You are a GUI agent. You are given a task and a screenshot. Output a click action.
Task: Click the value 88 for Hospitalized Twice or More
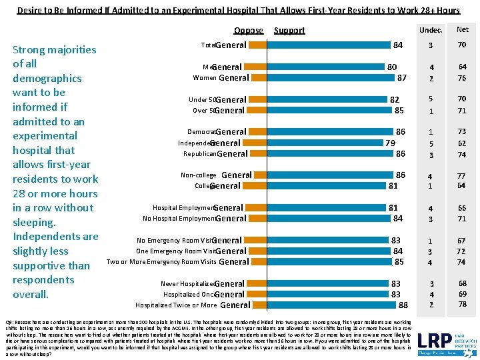pos(403,305)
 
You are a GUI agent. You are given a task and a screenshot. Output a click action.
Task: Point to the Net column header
pos(462,29)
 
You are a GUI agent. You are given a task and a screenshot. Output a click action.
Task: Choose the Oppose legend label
pos(249,30)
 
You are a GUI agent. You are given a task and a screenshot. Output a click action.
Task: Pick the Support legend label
pos(289,30)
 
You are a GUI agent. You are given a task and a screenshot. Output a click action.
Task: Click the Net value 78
pos(462,305)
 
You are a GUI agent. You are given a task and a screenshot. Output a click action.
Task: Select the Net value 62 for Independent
pos(462,143)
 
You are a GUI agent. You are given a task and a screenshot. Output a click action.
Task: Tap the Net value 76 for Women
pos(462,77)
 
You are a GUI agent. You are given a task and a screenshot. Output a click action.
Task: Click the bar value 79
pos(390,143)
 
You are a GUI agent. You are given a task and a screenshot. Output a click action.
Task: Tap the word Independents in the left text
pos(56,236)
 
